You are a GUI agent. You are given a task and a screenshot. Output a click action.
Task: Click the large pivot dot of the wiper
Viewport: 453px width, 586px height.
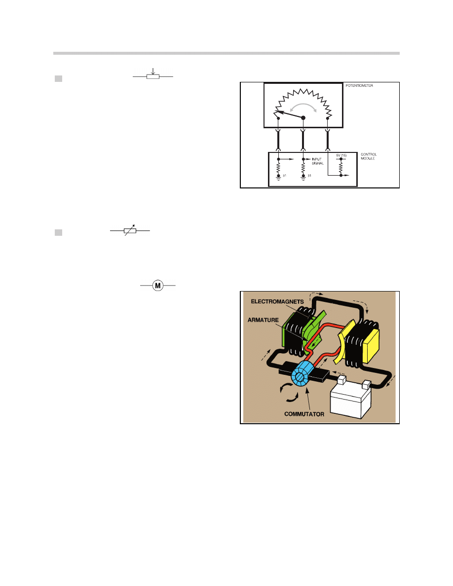(x=303, y=117)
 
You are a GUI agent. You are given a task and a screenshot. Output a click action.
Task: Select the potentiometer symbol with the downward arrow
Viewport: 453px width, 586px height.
(x=153, y=76)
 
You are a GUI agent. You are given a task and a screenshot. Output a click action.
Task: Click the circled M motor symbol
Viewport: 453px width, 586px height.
(x=157, y=286)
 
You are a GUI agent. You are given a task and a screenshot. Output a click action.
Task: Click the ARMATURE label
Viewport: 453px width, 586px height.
(x=265, y=319)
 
